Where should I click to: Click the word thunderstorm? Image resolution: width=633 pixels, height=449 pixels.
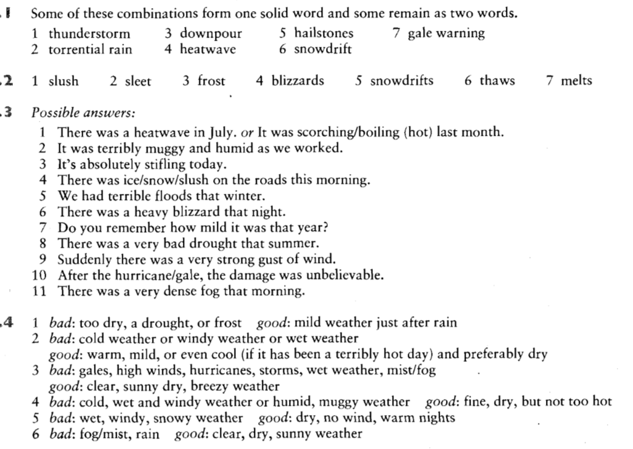[x=90, y=33]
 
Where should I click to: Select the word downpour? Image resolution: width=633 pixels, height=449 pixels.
[x=211, y=33]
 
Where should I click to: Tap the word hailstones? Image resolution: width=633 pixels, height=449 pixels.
[x=324, y=33]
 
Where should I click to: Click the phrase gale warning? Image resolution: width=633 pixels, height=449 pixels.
[x=446, y=33]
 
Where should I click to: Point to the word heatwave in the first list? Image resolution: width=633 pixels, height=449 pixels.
[x=208, y=49]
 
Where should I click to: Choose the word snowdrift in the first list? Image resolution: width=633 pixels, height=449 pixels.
[x=322, y=49]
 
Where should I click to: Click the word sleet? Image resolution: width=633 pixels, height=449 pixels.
[x=138, y=81]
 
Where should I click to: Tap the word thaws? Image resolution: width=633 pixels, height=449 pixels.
[x=498, y=81]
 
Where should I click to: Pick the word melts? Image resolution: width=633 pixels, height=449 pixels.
[x=576, y=81]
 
